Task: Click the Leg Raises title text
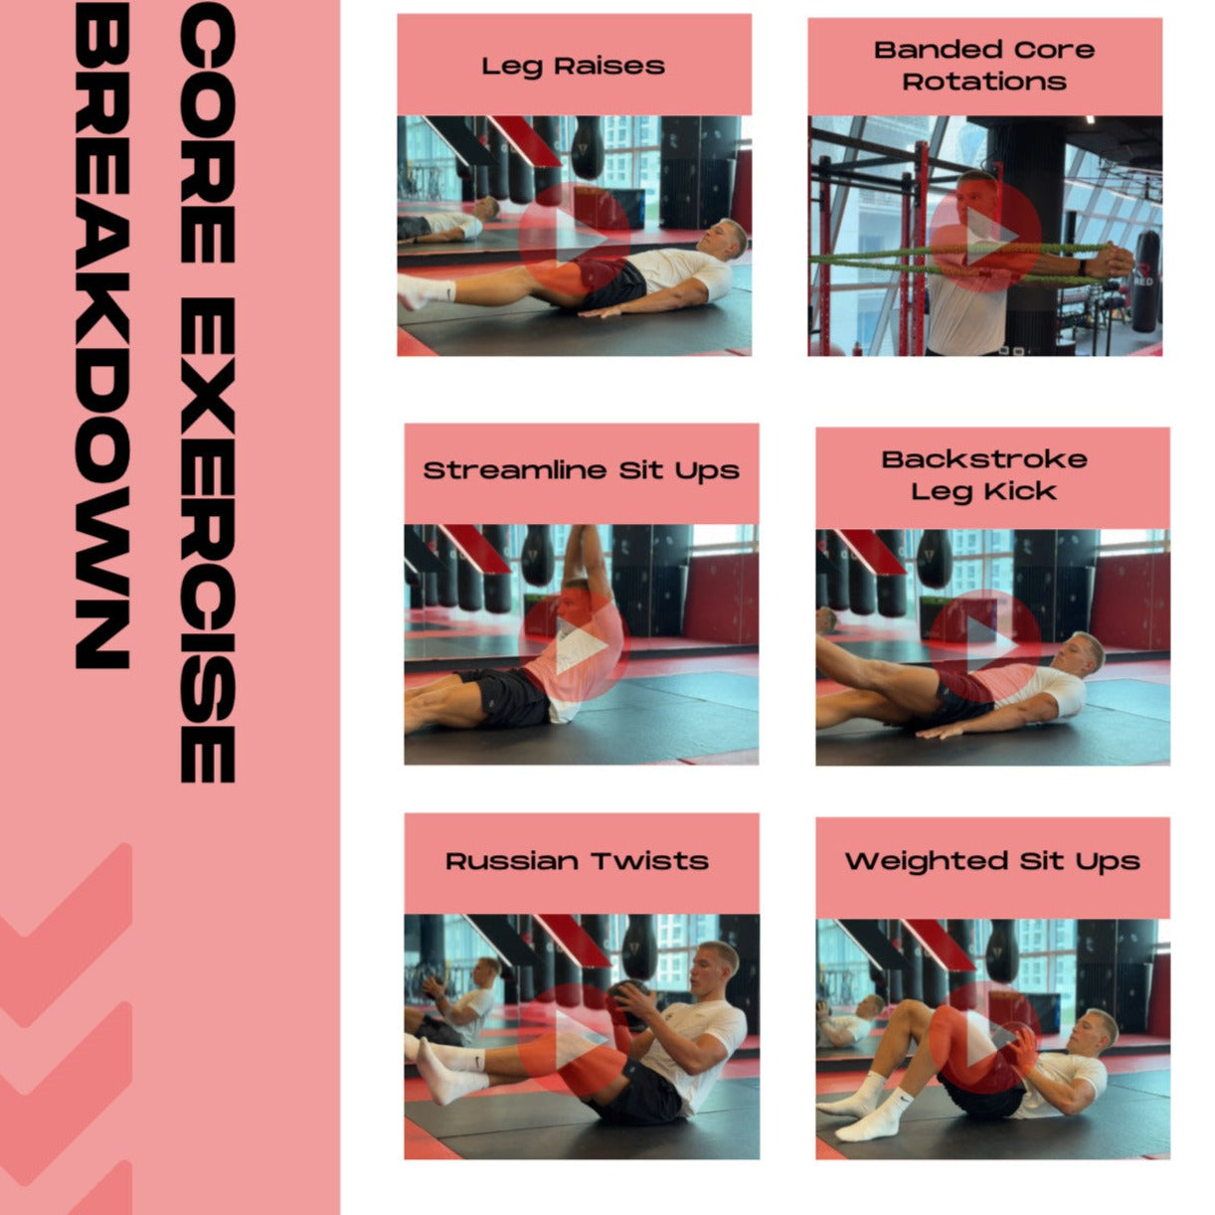[573, 67]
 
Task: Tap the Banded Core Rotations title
[984, 66]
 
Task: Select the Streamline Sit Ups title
[582, 471]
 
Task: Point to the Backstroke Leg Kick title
[984, 476]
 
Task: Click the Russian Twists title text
[577, 861]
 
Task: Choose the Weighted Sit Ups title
[992, 861]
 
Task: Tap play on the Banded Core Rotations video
[985, 237]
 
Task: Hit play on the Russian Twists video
[575, 1038]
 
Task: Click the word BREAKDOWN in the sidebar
[102, 334]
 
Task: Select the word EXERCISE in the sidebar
[208, 540]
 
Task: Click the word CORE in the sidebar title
[208, 132]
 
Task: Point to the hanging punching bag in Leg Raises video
[587, 147]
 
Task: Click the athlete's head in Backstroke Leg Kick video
[1082, 656]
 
